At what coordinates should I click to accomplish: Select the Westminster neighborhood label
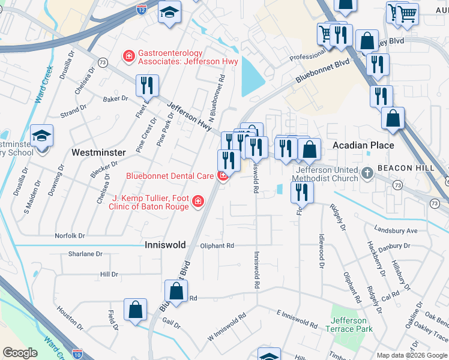[x=98, y=152]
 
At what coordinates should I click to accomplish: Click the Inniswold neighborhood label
[x=165, y=245]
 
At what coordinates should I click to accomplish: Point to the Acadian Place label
[x=363, y=145]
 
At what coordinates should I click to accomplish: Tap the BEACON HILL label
[x=405, y=169]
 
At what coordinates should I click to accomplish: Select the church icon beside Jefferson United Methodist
[x=367, y=174]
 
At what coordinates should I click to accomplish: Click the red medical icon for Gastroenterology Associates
[x=128, y=57]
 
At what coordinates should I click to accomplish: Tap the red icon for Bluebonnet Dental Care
[x=223, y=176]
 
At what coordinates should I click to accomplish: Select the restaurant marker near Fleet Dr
[x=147, y=85]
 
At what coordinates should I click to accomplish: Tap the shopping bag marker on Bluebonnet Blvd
[x=176, y=292]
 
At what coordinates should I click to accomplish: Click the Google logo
[x=20, y=352]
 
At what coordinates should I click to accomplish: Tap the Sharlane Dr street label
[x=81, y=254]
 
